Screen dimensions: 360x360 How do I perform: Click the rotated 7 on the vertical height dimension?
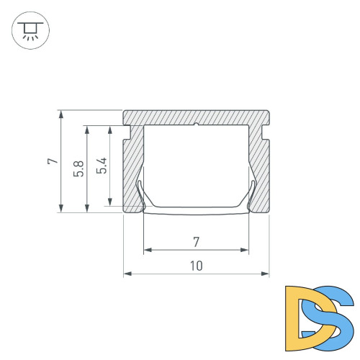[52, 161]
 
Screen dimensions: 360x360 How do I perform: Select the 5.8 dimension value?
[78, 168]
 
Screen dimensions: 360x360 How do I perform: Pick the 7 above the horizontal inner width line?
[196, 241]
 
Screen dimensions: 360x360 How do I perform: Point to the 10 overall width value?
[196, 266]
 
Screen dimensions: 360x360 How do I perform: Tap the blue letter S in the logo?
[333, 317]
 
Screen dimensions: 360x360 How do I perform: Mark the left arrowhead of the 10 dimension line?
[127, 274]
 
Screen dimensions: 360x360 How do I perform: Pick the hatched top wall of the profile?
[196, 117]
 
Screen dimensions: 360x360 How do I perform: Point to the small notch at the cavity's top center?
[196, 125]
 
